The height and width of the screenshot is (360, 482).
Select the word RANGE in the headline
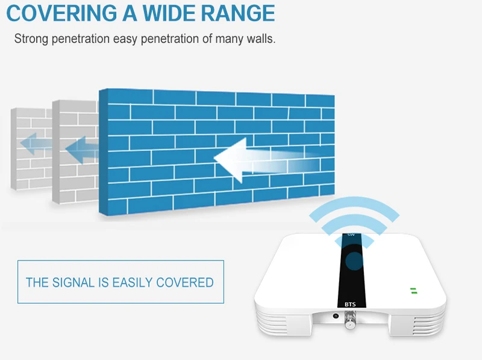(x=238, y=13)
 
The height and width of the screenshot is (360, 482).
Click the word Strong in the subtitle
(x=31, y=39)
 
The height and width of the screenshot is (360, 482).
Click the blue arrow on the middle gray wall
(x=82, y=150)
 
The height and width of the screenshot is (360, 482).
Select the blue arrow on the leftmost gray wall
(x=36, y=144)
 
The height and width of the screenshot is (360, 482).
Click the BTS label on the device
(x=350, y=305)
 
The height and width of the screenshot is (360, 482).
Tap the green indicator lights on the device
(x=414, y=291)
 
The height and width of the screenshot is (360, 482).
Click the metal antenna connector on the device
(x=350, y=320)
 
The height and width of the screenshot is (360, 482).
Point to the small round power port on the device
(x=336, y=316)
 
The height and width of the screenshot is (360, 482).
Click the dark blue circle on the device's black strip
(x=354, y=261)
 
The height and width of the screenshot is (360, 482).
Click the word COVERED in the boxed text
(x=185, y=282)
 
